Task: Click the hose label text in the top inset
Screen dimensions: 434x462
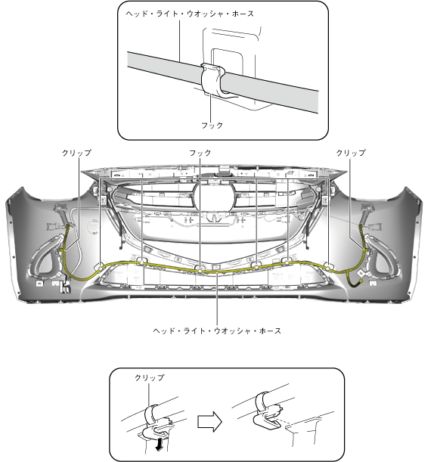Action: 190,14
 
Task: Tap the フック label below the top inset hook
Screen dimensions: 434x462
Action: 212,126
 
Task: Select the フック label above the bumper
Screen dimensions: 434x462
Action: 200,153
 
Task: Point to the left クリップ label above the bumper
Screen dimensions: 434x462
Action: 76,153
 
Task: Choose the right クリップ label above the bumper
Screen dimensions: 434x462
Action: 351,153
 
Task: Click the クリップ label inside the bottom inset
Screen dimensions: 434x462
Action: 150,378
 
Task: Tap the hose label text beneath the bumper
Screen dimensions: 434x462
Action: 217,331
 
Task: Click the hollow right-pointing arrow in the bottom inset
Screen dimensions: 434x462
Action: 209,422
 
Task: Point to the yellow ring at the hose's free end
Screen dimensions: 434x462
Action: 361,281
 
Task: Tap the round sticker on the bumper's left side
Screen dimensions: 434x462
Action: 93,227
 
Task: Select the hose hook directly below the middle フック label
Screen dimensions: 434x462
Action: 200,268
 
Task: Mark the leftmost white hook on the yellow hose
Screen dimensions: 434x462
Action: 100,267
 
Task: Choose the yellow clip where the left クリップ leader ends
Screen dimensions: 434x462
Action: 62,250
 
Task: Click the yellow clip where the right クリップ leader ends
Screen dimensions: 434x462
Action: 367,250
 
